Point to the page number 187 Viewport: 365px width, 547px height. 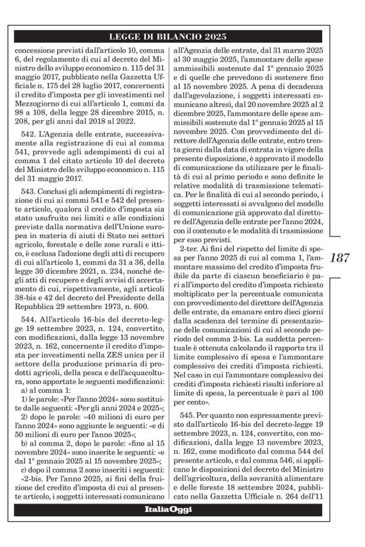pyautogui.click(x=339, y=257)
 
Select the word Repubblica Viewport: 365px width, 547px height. pyautogui.click(x=37, y=320)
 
